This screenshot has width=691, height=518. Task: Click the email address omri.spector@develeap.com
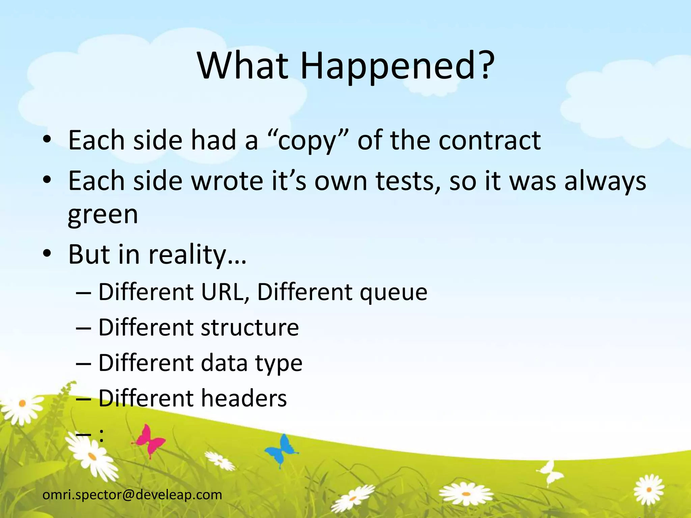click(x=133, y=495)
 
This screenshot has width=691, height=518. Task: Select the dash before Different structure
click(x=84, y=328)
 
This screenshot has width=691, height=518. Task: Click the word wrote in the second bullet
click(x=227, y=181)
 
